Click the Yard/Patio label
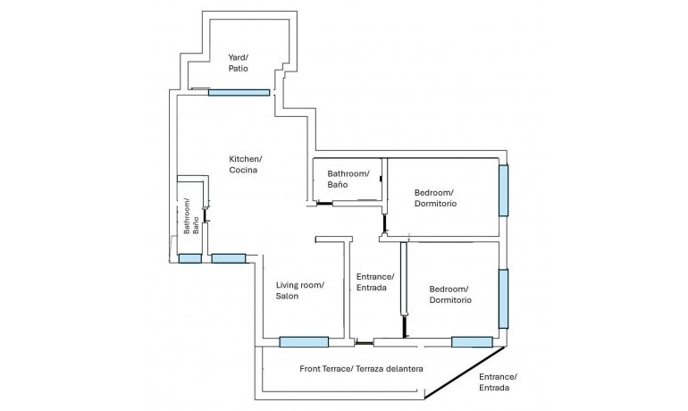(238, 63)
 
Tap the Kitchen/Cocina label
(246, 164)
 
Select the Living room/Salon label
(299, 290)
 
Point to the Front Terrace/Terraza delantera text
(361, 368)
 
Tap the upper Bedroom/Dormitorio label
(435, 198)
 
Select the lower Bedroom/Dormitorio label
(449, 295)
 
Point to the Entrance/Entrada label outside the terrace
(498, 382)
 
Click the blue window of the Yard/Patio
(239, 92)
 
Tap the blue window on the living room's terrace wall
(304, 341)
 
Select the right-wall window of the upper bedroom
(504, 189)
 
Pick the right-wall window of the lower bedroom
(504, 298)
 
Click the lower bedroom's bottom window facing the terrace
(472, 341)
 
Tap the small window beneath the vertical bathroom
(189, 258)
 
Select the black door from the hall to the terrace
(364, 342)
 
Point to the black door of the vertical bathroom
(206, 214)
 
